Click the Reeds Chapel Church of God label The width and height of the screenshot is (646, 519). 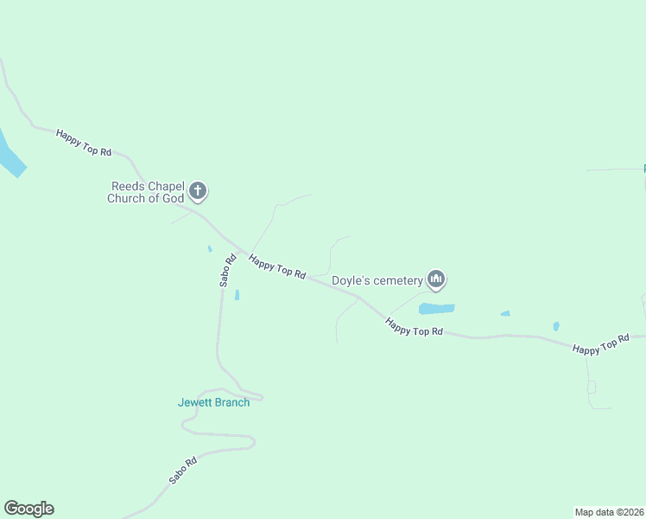point(145,192)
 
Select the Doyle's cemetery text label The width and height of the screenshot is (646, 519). point(377,280)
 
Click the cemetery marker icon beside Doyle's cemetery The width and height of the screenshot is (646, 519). point(436,279)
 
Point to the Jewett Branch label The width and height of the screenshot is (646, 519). point(213,402)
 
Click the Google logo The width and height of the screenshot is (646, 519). point(28,509)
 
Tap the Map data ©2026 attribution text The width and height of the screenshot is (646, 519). point(609,512)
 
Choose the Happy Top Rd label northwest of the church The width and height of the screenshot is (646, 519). point(84,143)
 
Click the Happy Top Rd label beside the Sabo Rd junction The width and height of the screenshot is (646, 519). point(277,266)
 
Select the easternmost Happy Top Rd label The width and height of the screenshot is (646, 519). point(601,345)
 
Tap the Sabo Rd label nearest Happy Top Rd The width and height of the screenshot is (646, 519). point(227,270)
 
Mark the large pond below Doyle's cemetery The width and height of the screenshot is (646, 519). point(436,308)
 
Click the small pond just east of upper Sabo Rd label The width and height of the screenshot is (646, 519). point(237,295)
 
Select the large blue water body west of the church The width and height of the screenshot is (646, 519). point(9,154)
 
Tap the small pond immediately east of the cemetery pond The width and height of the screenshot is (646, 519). point(505,313)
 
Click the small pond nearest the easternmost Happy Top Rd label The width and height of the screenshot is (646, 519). point(556,326)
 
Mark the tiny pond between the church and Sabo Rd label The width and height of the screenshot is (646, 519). point(209,249)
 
